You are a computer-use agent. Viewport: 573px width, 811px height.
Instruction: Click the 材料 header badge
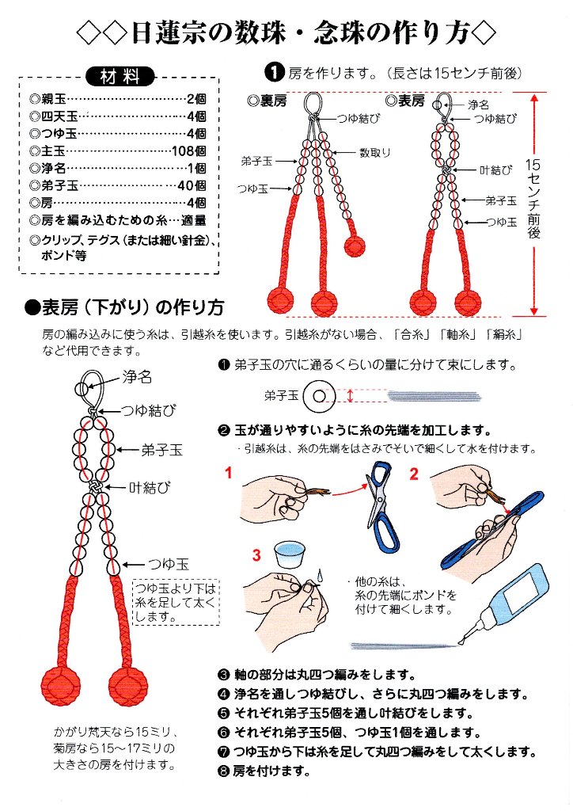tap(120, 77)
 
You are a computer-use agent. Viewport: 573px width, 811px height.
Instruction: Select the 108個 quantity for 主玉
tap(189, 150)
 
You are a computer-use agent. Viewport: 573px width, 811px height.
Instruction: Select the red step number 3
tap(256, 555)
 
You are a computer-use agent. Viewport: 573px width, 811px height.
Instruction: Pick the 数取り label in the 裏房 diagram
tap(374, 152)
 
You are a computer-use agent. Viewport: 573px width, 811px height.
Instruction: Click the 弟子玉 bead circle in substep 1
tap(321, 394)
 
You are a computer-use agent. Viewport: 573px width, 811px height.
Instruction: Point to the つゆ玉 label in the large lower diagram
tap(169, 564)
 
